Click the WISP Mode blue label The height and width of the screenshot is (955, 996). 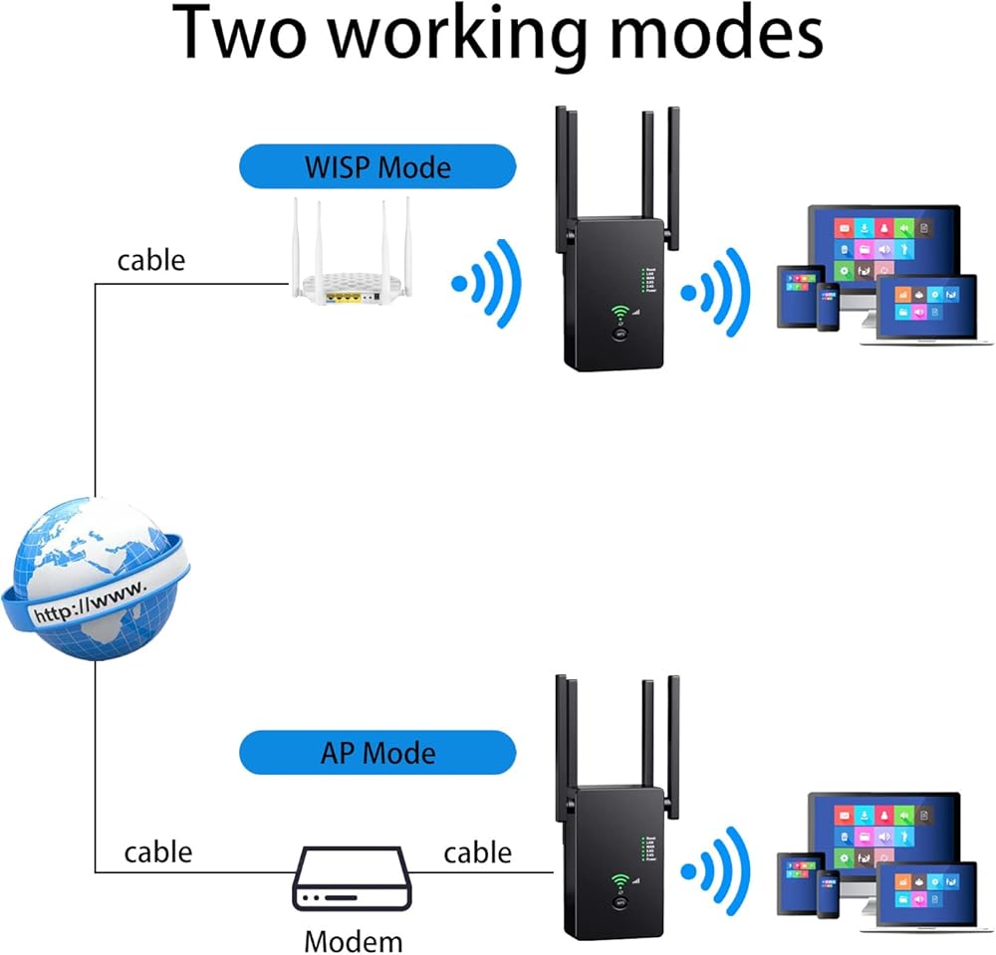tap(377, 165)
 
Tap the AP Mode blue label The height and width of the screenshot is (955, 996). tap(377, 752)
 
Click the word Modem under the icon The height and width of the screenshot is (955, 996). tap(354, 940)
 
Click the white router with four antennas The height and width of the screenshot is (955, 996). tap(351, 264)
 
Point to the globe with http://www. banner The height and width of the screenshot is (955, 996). tap(94, 580)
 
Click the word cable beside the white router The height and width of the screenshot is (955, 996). tap(151, 260)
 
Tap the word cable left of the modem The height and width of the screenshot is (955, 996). tap(158, 852)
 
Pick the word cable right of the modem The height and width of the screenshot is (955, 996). tap(477, 852)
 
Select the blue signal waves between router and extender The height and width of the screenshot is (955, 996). tap(487, 284)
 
